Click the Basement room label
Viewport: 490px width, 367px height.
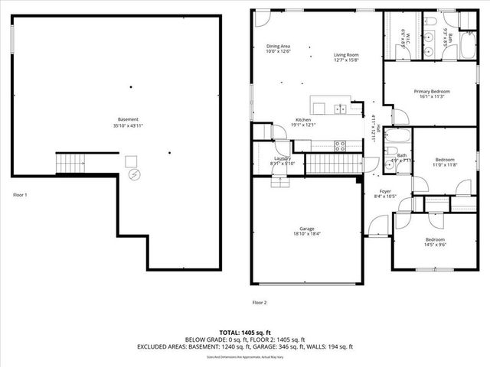(x=128, y=120)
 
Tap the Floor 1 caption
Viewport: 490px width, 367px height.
(x=21, y=195)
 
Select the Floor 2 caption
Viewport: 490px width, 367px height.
(x=260, y=303)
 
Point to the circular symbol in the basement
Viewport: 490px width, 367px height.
(x=136, y=175)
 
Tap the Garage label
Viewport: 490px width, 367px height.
(x=306, y=229)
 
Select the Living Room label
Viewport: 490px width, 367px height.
(x=347, y=55)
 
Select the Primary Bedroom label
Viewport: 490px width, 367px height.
(x=433, y=91)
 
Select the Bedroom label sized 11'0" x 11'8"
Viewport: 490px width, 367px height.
(x=444, y=162)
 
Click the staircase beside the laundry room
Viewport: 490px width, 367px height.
(x=337, y=163)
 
